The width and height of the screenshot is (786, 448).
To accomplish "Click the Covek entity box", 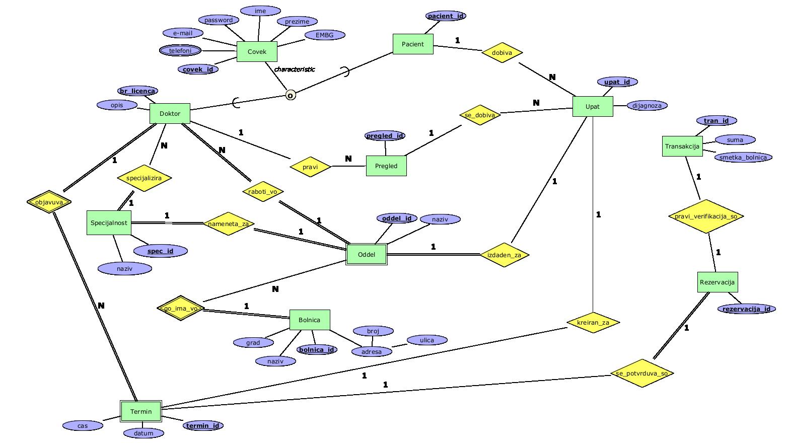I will (257, 51).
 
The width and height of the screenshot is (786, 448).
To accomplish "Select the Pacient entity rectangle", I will (412, 44).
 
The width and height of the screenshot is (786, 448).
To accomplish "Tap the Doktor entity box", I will (170, 113).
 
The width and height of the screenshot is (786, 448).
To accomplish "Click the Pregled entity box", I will (386, 166).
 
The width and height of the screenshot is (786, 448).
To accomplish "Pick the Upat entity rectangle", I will (593, 106).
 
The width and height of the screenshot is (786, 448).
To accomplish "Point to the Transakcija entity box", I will (682, 146).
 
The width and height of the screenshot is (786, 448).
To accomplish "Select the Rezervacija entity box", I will (718, 282).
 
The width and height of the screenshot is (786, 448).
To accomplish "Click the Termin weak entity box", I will (141, 411).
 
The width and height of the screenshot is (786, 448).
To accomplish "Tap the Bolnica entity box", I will (310, 320).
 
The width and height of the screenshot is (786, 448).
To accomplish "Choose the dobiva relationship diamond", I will (502, 52).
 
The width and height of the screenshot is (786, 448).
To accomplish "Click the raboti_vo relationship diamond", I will (263, 191).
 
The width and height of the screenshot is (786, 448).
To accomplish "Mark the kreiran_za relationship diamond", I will (593, 322).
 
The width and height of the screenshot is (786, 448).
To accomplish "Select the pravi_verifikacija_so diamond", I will (706, 216).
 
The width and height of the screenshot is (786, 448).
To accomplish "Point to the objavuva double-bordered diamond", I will (49, 202).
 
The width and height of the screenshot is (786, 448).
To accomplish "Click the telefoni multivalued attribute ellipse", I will (180, 51).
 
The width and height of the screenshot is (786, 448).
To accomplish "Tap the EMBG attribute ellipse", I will (325, 35).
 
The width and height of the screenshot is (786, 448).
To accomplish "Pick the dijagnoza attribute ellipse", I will (647, 106).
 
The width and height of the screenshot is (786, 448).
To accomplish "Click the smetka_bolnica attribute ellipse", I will (743, 157).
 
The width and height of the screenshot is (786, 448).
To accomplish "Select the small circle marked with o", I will (290, 95).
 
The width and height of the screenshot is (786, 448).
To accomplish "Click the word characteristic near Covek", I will (295, 69).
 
